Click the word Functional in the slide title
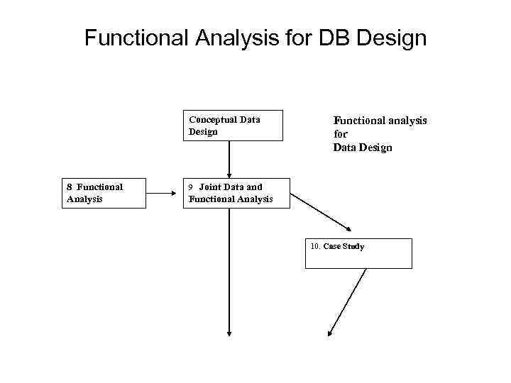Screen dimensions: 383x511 [135, 38]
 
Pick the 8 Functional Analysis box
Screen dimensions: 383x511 [105, 193]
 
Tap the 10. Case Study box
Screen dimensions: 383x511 [358, 253]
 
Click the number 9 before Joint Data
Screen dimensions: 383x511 [190, 187]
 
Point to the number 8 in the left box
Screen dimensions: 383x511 [70, 187]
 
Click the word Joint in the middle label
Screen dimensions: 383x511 [211, 187]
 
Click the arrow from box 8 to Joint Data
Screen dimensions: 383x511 [165, 192]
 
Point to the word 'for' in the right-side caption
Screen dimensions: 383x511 [340, 134]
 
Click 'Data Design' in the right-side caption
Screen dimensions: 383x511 [362, 148]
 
